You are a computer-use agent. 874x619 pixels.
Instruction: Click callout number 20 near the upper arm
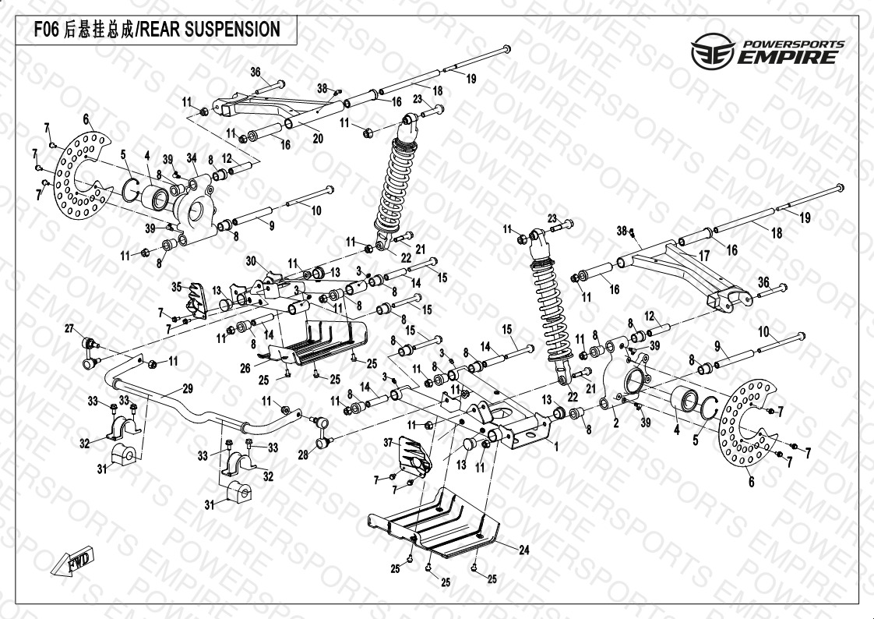[x=317, y=139]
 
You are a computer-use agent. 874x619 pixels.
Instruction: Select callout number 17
[x=703, y=255]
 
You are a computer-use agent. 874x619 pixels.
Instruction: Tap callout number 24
[x=524, y=550]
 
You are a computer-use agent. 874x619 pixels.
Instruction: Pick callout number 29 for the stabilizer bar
[x=187, y=389]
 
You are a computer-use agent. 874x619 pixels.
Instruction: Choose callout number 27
[x=69, y=327]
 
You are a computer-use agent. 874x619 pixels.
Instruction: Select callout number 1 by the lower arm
[x=555, y=448]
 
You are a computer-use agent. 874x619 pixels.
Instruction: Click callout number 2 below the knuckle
[x=615, y=423]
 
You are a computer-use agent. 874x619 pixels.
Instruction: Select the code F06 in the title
[x=44, y=30]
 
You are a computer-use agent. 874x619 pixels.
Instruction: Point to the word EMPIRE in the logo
[x=788, y=58]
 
